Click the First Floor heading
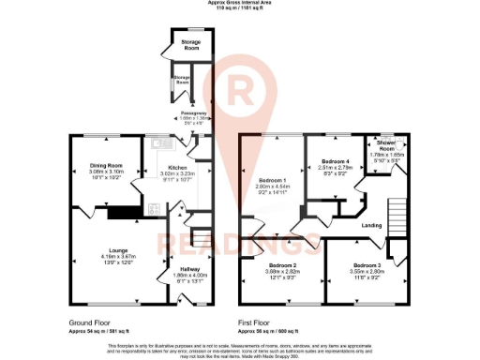(259, 322)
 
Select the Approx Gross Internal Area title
(239, 5)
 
